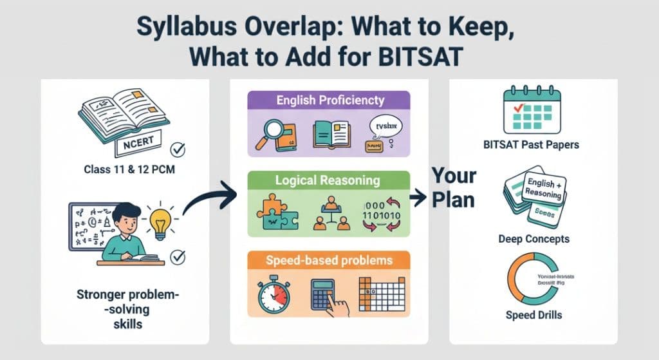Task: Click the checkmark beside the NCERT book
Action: tap(178, 150)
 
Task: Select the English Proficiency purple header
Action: tap(329, 100)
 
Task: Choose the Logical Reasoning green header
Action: tap(329, 181)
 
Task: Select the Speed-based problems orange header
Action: tap(329, 260)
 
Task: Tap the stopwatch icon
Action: tap(273, 296)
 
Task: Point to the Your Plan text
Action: tap(453, 187)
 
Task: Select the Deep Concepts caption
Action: tap(534, 239)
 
